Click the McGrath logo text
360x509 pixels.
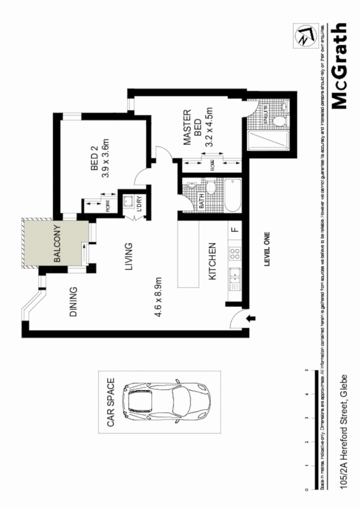[340, 66]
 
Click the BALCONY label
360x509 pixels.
[57, 244]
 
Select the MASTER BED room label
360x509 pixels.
[192, 127]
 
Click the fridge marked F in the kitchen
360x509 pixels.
[234, 229]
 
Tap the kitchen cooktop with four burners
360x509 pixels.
[234, 252]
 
